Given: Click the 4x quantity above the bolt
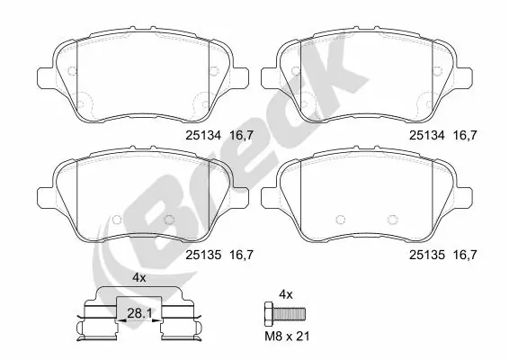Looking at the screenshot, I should coord(287,294).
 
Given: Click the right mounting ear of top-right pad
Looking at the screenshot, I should coord(478,76).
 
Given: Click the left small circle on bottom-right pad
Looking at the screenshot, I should coord(339,218).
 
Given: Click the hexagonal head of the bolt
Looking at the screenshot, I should coord(267,314).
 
